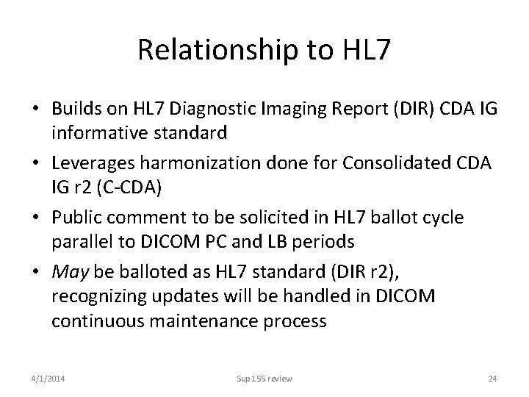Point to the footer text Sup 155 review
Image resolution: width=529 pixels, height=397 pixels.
point(264,379)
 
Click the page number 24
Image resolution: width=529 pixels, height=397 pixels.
point(492,379)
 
